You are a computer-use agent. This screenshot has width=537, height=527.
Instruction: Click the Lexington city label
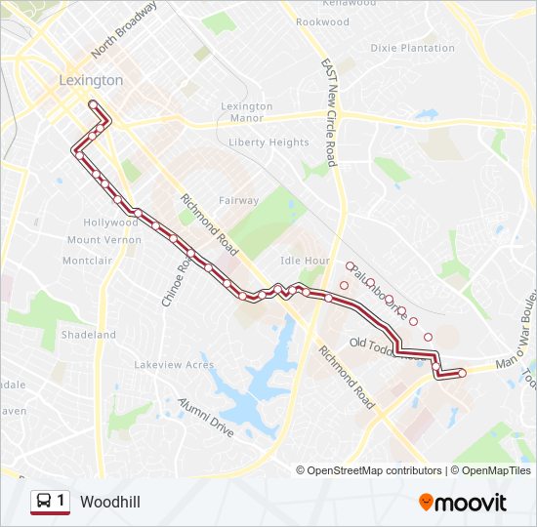[x=91, y=80]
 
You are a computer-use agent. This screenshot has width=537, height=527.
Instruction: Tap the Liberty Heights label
[x=268, y=142]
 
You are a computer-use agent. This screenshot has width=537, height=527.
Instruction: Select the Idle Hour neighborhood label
[x=305, y=261]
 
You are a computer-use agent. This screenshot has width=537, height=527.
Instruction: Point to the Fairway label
[x=238, y=201]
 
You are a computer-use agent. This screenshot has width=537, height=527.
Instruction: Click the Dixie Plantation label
[x=413, y=48]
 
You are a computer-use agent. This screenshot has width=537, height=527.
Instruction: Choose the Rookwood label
[x=322, y=21]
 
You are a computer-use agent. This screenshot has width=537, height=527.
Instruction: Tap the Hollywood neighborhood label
[x=111, y=223]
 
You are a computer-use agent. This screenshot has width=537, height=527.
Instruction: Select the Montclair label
[x=87, y=261]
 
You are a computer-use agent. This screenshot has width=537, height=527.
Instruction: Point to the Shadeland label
[x=88, y=335]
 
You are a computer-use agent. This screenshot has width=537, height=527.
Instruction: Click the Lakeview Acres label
[x=174, y=365]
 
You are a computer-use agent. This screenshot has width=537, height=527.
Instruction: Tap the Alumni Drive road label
[x=206, y=417]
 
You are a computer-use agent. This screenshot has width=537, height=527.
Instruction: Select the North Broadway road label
[x=124, y=29]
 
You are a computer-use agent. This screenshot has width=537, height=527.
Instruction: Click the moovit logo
[x=463, y=503]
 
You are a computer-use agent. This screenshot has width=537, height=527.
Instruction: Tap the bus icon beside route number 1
[x=44, y=502]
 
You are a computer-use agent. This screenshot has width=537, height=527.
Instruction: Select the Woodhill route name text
[x=110, y=502]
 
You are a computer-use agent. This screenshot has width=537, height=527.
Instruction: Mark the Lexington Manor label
[x=247, y=112]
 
